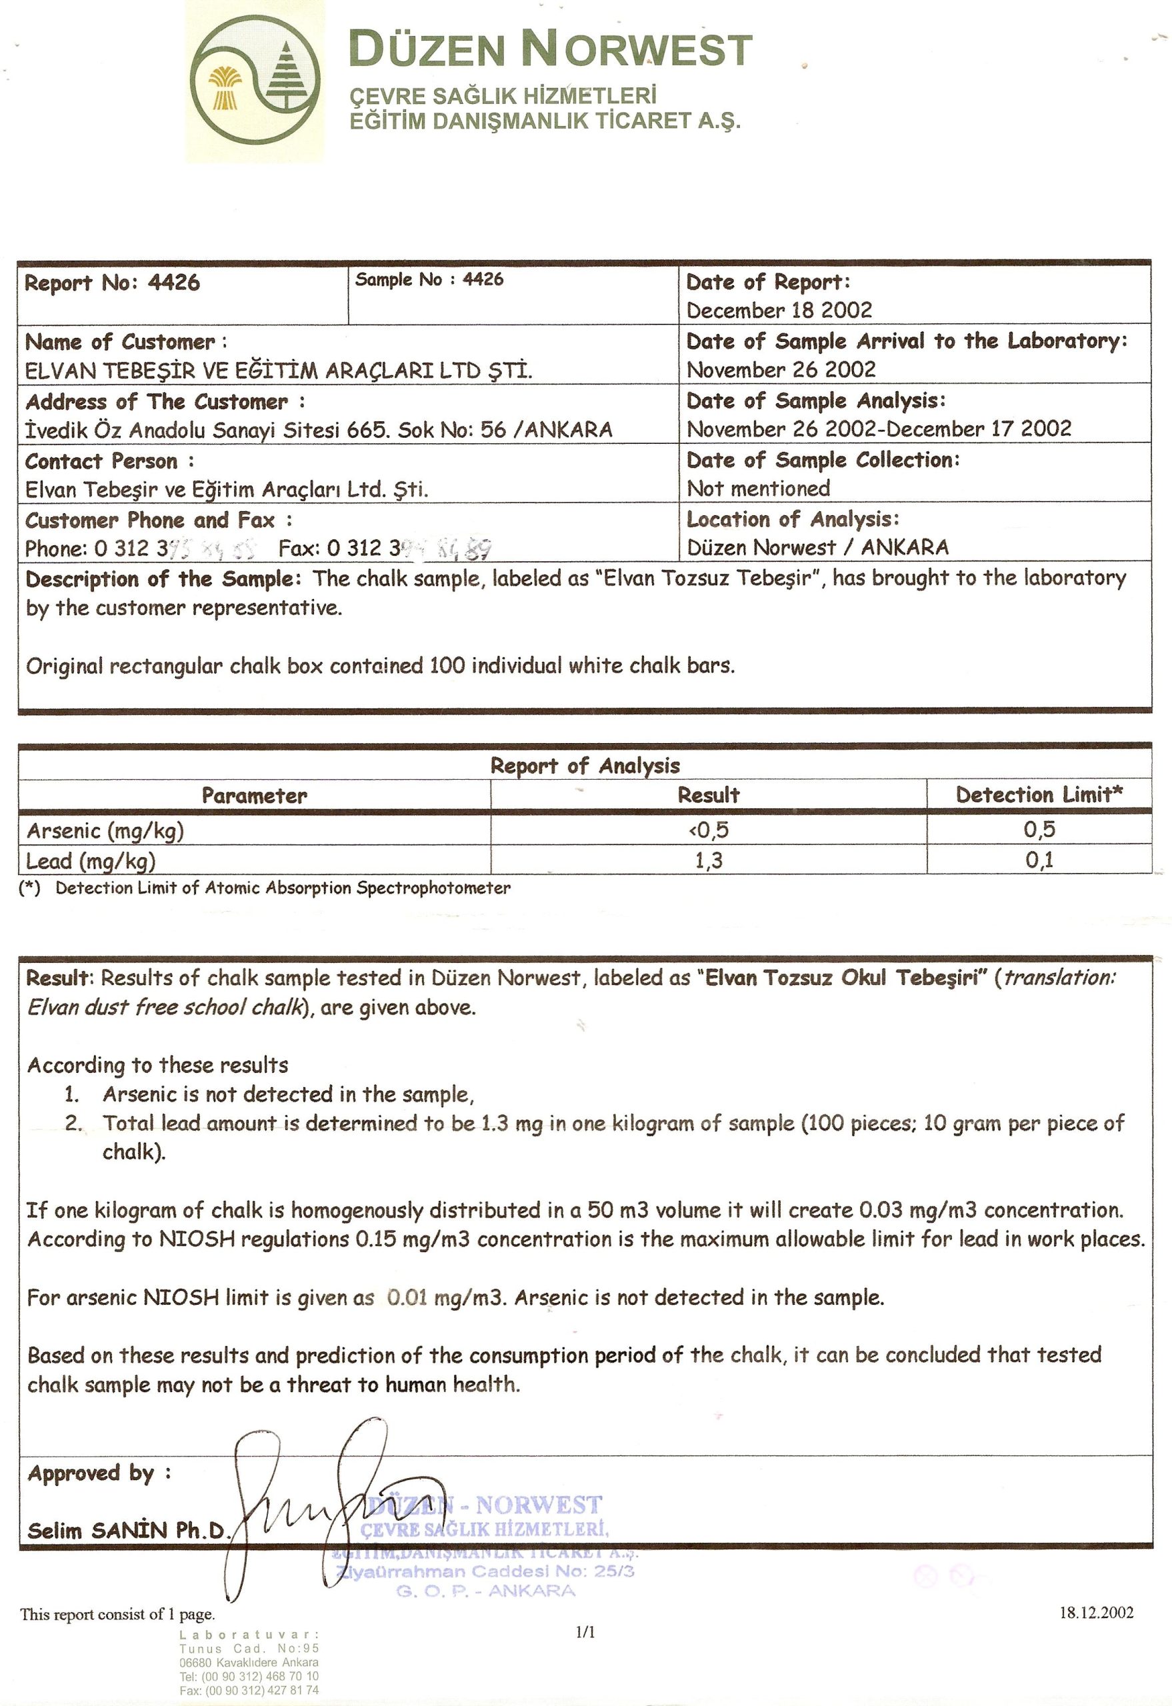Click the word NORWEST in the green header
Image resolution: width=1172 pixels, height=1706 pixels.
click(x=636, y=50)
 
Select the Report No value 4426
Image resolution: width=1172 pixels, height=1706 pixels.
click(x=174, y=283)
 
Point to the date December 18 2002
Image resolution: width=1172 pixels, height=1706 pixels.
click(x=779, y=310)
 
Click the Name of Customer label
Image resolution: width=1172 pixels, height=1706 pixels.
click(x=121, y=342)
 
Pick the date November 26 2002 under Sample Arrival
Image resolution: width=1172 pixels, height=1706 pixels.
click(x=781, y=369)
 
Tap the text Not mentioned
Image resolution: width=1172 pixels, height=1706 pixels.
click(x=759, y=488)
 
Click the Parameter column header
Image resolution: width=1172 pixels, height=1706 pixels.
click(x=254, y=796)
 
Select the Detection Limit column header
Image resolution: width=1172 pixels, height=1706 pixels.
click(x=1039, y=794)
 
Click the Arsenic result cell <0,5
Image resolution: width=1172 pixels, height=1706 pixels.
click(x=708, y=830)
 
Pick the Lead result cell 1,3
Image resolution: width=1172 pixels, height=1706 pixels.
click(x=709, y=860)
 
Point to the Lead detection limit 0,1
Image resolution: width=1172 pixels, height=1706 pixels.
click(x=1039, y=860)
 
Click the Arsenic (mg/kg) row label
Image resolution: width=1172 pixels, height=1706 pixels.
click(x=105, y=830)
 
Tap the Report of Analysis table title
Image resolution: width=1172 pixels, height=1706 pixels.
click(x=585, y=766)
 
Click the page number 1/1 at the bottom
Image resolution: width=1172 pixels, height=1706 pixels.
click(x=585, y=1631)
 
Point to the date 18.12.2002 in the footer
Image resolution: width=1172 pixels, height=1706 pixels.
click(x=1095, y=1613)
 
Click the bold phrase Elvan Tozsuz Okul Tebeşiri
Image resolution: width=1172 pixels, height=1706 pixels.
click(x=842, y=978)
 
